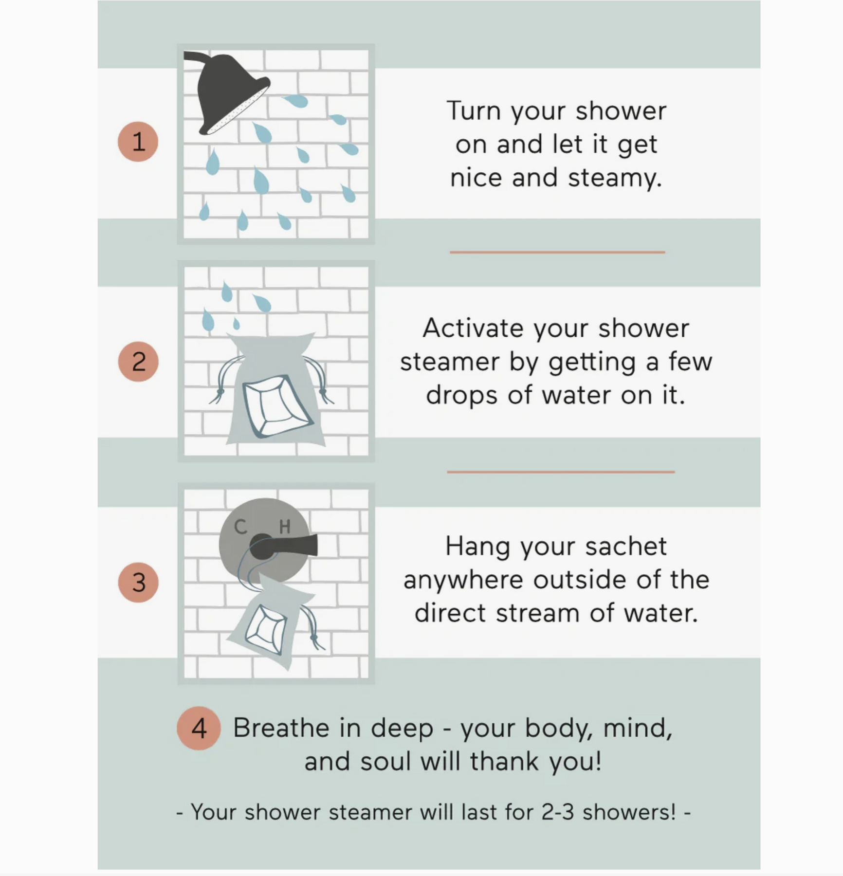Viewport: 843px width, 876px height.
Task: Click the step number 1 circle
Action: [138, 142]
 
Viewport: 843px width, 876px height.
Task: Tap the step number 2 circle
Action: [138, 361]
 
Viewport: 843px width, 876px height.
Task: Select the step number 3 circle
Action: [138, 582]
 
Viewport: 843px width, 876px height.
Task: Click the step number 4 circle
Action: [199, 728]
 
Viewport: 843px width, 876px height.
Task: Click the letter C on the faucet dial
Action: [240, 527]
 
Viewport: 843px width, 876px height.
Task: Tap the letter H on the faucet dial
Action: [285, 527]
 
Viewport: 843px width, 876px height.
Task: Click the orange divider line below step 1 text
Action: [557, 252]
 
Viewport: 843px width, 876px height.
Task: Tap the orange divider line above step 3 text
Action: [561, 472]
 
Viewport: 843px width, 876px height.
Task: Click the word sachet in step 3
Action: [626, 547]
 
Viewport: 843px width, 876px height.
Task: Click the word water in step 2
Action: [576, 395]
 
